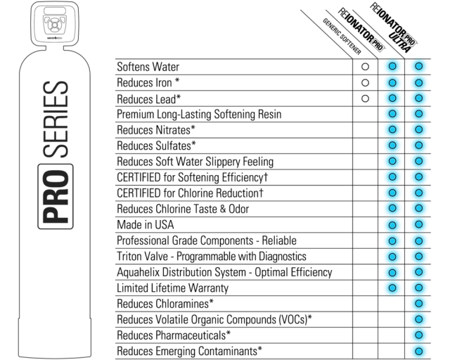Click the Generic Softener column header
[342, 37]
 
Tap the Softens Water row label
[148, 67]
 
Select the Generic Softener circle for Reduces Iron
[365, 83]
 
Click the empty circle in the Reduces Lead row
[365, 98]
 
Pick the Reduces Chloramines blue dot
[419, 304]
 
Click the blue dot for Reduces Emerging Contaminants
[419, 351]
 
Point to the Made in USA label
[146, 224]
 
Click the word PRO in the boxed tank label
[56, 196]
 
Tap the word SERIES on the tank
[56, 119]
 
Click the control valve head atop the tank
[55, 23]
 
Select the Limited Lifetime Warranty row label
[172, 288]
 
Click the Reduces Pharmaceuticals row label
[174, 335]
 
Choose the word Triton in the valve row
[130, 256]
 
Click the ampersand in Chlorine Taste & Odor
[223, 209]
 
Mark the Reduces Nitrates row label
[156, 130]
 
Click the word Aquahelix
[138, 272]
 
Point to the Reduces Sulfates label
[156, 146]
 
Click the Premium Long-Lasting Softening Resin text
[199, 115]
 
